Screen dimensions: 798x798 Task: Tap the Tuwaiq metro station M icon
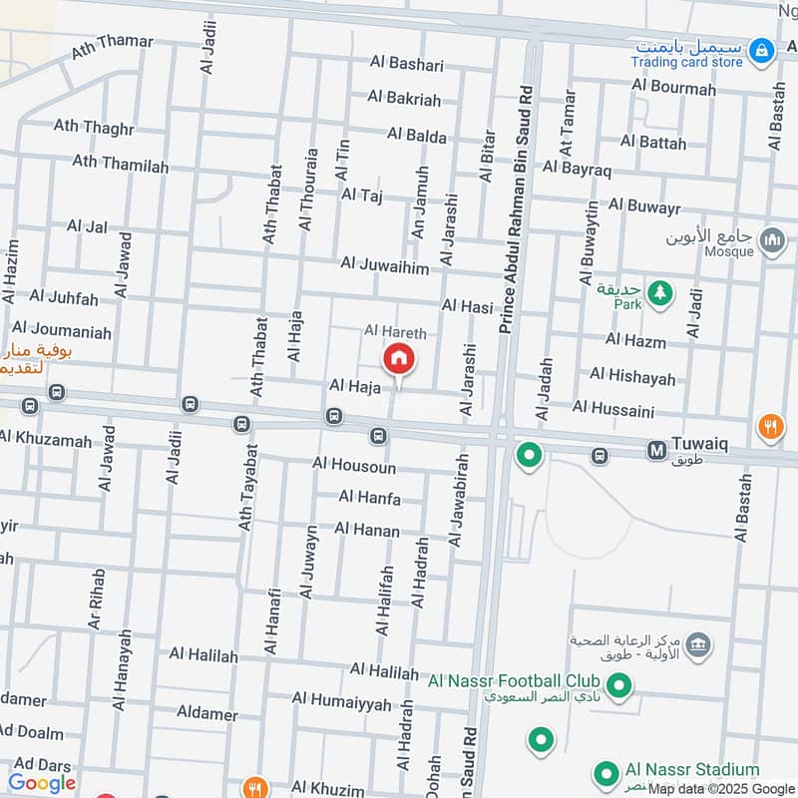coord(657,450)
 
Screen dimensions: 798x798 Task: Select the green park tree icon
coord(658,294)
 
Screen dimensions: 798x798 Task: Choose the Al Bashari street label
coord(405,63)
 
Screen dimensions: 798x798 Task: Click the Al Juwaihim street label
coord(384,264)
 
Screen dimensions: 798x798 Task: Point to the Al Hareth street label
coord(395,331)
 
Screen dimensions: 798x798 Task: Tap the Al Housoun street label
coord(353,466)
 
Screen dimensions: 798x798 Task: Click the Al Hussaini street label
coord(613,408)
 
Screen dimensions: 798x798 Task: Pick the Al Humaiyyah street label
coord(342,704)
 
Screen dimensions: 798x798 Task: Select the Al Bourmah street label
coord(673,89)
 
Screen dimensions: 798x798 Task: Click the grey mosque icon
coord(771,240)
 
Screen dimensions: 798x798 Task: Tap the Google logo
coord(42,783)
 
